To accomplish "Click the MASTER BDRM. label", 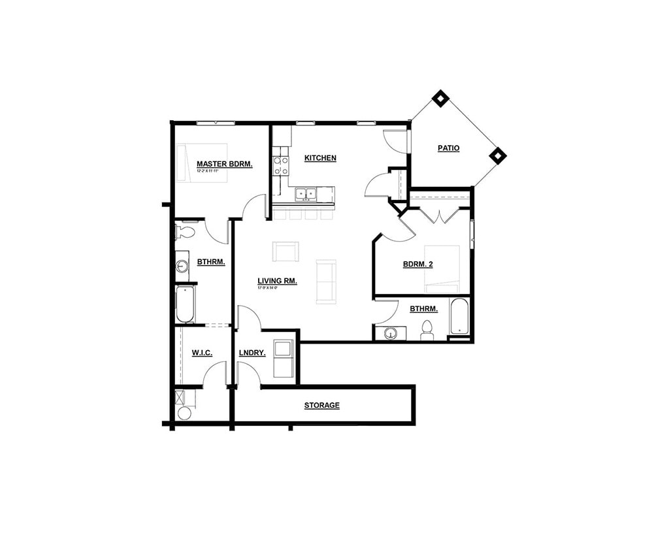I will pyautogui.click(x=224, y=164).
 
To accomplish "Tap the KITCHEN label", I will pyautogui.click(x=320, y=158).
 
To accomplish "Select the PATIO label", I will pyautogui.click(x=448, y=148).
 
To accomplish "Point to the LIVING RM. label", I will pyautogui.click(x=277, y=281).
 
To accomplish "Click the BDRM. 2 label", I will pyautogui.click(x=418, y=265).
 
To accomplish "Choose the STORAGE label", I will pyautogui.click(x=321, y=406).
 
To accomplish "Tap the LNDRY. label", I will pyautogui.click(x=252, y=353).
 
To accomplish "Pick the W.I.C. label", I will pyautogui.click(x=202, y=353).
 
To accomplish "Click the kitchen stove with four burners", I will pyautogui.click(x=281, y=165).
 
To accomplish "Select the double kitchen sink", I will pyautogui.click(x=305, y=193).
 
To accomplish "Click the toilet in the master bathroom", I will pyautogui.click(x=184, y=231).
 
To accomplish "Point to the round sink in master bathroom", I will pyautogui.click(x=182, y=266).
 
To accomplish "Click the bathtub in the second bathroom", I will pyautogui.click(x=459, y=317).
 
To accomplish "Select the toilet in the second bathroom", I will pyautogui.click(x=427, y=329).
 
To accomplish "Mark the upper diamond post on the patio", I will pyautogui.click(x=441, y=99).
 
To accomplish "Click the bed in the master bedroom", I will pyautogui.click(x=202, y=163).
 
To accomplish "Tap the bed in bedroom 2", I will pyautogui.click(x=442, y=269).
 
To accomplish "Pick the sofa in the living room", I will pyautogui.click(x=325, y=282).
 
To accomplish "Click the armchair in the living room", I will pyautogui.click(x=286, y=251).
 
